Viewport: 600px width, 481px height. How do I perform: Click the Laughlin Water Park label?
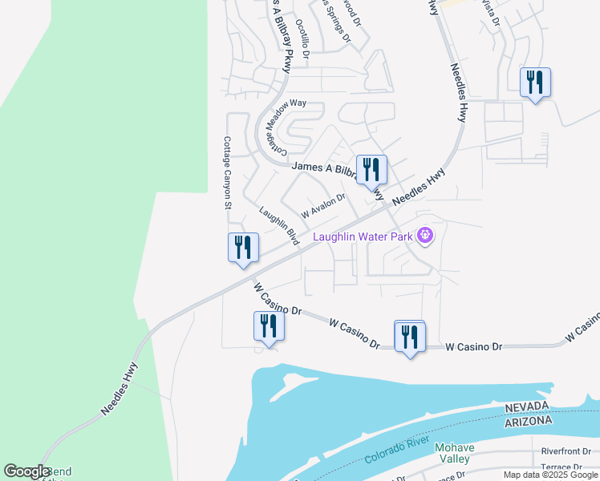[362, 236]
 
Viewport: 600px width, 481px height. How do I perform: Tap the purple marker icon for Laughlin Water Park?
[425, 236]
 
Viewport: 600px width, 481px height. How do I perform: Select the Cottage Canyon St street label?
[227, 172]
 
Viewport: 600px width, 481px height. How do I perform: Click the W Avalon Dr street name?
[322, 205]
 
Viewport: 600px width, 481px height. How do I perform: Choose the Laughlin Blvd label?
[280, 225]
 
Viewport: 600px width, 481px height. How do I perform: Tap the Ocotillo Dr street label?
[302, 39]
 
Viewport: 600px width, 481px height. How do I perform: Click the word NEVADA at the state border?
[529, 408]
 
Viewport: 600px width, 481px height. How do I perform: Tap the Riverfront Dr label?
[566, 451]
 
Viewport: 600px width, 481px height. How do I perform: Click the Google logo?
[26, 471]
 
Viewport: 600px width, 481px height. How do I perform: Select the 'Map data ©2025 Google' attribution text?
[551, 475]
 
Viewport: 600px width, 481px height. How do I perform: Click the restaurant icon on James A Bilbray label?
[371, 170]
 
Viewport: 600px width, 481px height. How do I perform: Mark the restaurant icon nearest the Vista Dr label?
[535, 83]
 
